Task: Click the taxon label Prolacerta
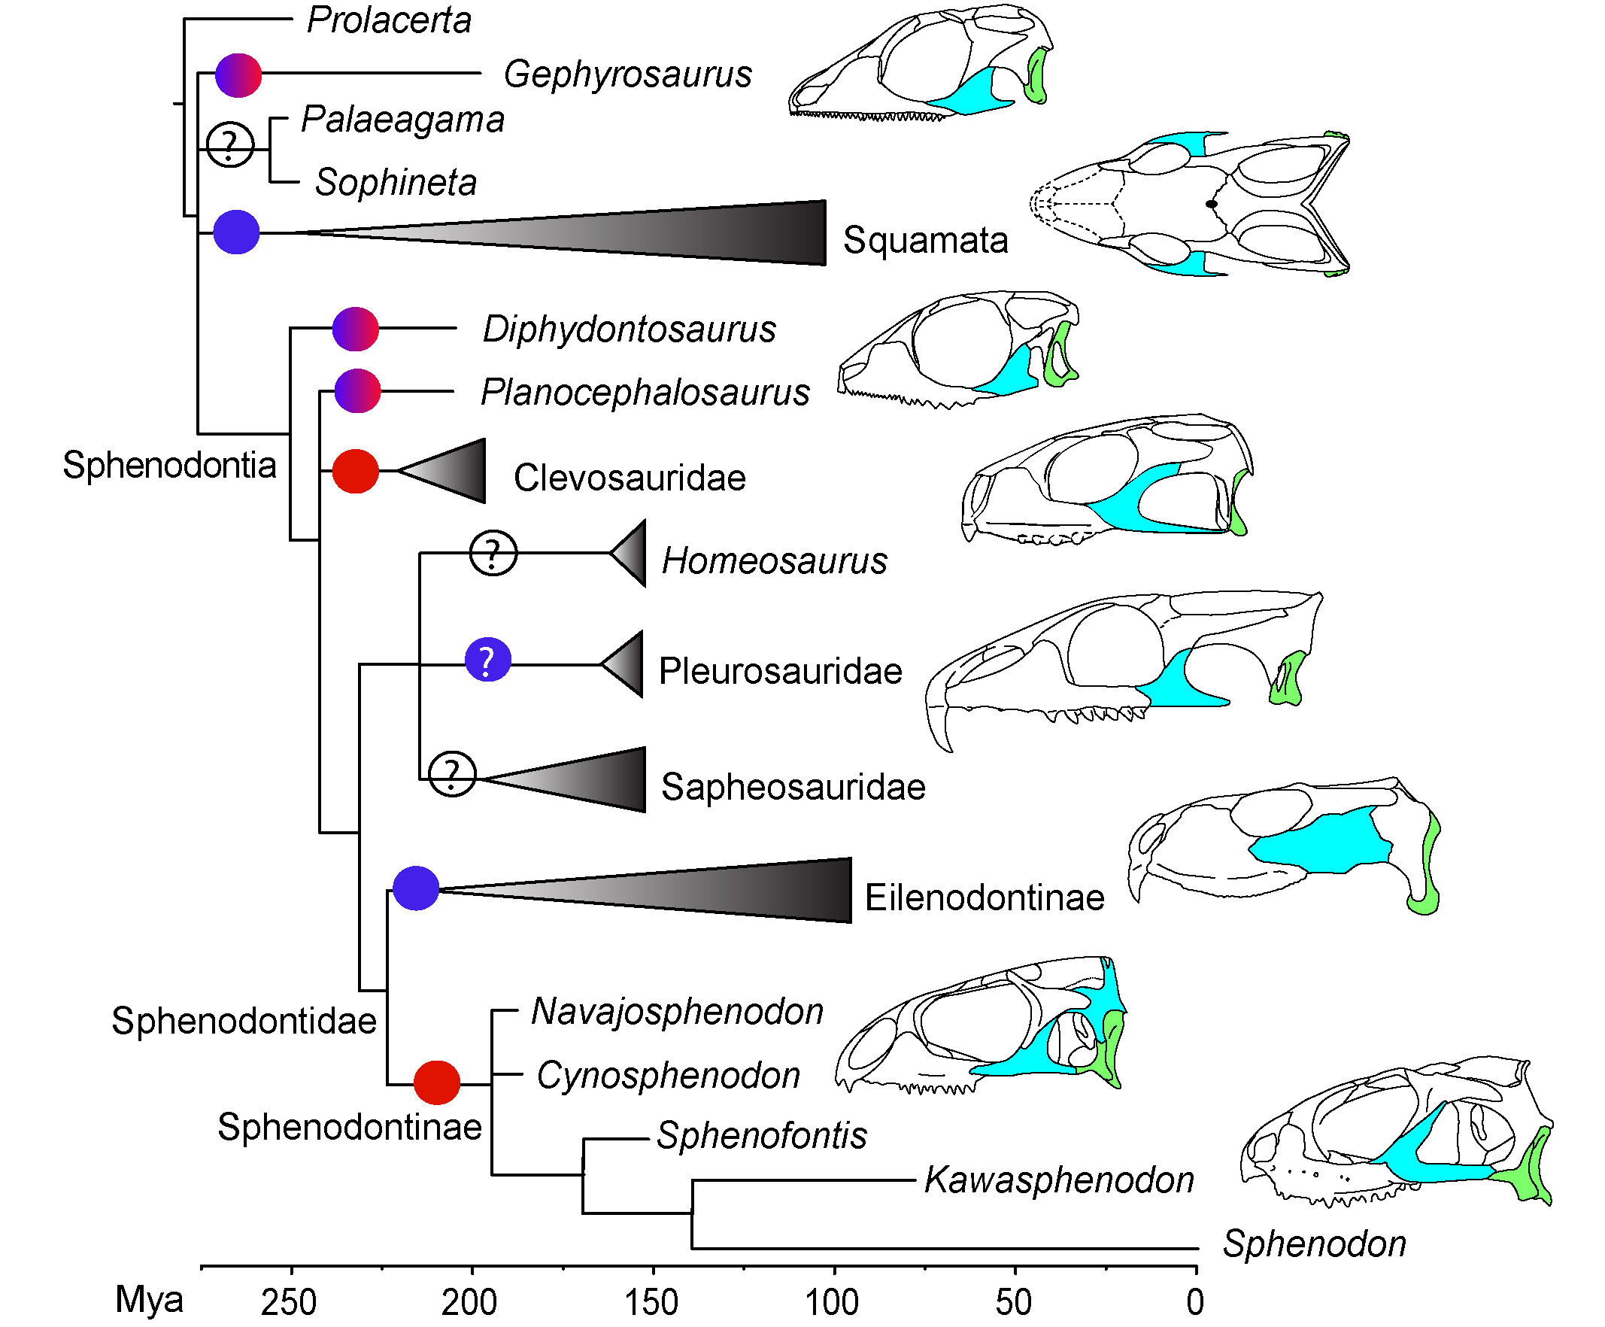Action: click(x=388, y=20)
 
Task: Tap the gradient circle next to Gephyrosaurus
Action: click(x=238, y=75)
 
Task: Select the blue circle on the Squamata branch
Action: click(x=236, y=232)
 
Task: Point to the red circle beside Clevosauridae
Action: click(x=356, y=472)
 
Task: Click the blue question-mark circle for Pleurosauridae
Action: click(x=487, y=660)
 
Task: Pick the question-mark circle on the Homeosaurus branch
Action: click(x=493, y=553)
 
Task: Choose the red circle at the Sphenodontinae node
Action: click(x=436, y=1083)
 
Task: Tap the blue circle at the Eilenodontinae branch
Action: click(x=416, y=888)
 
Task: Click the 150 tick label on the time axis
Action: click(x=652, y=1301)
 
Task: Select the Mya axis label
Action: click(x=149, y=1299)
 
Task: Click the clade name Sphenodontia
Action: click(x=169, y=465)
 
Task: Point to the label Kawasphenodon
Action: click(x=1059, y=1180)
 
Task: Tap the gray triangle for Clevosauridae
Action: click(x=451, y=471)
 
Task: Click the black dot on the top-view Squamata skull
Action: click(x=1211, y=204)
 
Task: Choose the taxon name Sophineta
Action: click(x=396, y=183)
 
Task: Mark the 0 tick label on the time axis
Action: click(x=1195, y=1301)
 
